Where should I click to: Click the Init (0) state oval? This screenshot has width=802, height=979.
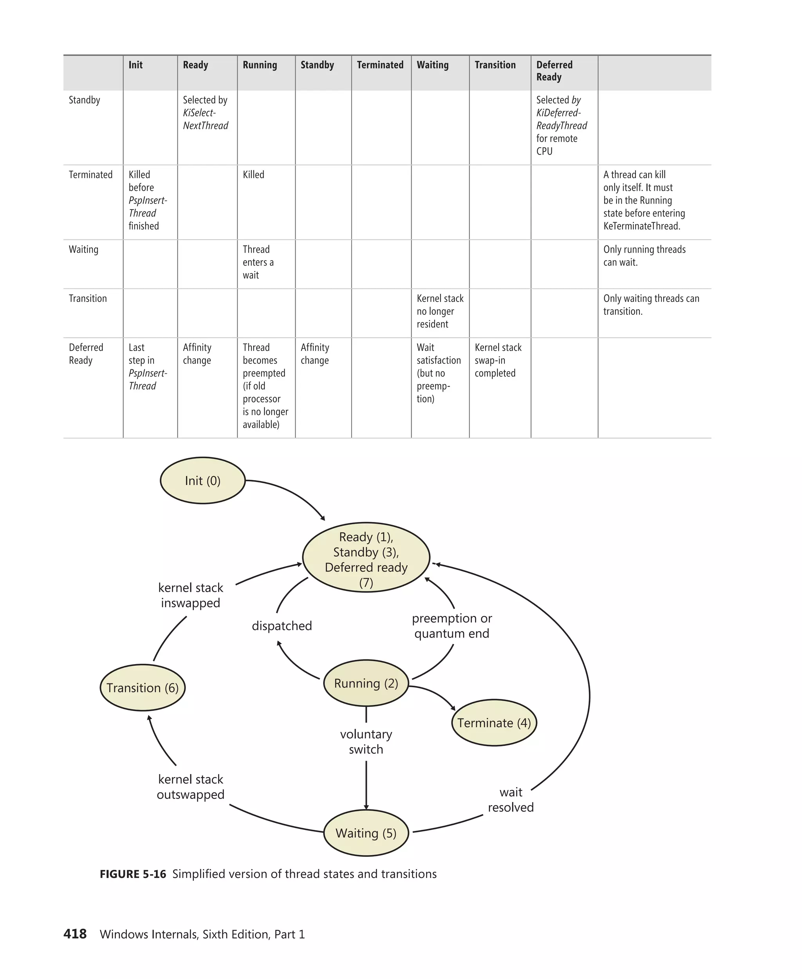pyautogui.click(x=202, y=480)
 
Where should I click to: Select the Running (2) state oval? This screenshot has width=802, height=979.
pyautogui.click(x=366, y=683)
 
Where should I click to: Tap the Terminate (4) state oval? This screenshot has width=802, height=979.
pyautogui.click(x=494, y=723)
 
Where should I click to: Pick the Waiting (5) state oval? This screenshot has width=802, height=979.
pyautogui.click(x=366, y=833)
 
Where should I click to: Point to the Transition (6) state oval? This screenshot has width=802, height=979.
pyautogui.click(x=142, y=688)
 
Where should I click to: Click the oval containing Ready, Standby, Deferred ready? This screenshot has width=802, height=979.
pyautogui.click(x=366, y=558)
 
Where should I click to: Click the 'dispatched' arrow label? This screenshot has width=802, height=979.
pyautogui.click(x=282, y=625)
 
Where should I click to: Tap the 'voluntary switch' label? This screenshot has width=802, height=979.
pyautogui.click(x=366, y=742)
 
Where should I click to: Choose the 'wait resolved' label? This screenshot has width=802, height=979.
pyautogui.click(x=511, y=800)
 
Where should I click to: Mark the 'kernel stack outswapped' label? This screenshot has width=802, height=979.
pyautogui.click(x=190, y=787)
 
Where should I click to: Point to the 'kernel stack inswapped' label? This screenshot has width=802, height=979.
pyautogui.click(x=190, y=595)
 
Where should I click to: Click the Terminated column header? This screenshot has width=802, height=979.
pyautogui.click(x=380, y=65)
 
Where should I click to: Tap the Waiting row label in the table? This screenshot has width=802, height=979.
pyautogui.click(x=84, y=249)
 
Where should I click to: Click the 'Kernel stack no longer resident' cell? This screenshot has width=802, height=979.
pyautogui.click(x=439, y=311)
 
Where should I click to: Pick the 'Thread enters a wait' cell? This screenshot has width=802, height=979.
pyautogui.click(x=258, y=262)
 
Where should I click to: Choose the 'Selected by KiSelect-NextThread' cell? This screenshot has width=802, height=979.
pyautogui.click(x=206, y=113)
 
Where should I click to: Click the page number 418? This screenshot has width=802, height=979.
pyautogui.click(x=75, y=934)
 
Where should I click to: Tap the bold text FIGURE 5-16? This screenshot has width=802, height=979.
pyautogui.click(x=133, y=874)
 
